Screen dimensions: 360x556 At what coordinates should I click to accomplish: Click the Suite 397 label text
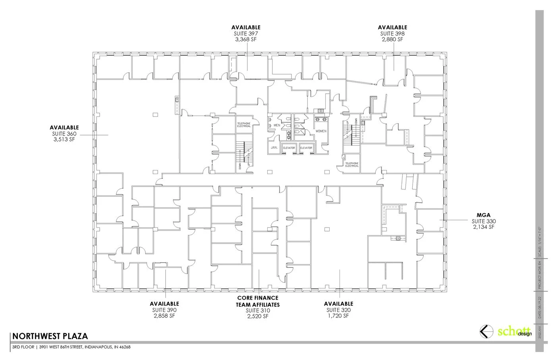click(246, 33)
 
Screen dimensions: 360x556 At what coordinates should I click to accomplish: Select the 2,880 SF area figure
click(392, 39)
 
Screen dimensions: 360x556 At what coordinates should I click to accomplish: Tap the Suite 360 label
click(64, 134)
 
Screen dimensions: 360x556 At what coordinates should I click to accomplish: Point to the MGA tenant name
click(484, 215)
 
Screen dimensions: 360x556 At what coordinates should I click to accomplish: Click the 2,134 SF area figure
click(484, 227)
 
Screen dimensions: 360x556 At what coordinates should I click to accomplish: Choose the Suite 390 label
click(164, 310)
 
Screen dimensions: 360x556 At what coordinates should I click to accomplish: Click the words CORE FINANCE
click(258, 298)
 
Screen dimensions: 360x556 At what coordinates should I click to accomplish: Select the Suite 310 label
click(258, 310)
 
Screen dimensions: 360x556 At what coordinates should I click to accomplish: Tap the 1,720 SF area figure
click(338, 316)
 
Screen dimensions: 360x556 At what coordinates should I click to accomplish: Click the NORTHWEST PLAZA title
click(50, 336)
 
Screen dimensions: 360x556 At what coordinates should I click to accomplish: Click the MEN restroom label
click(277, 126)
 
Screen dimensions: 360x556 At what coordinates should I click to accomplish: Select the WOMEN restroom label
click(321, 131)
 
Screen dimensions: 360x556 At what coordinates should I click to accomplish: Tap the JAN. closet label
click(274, 147)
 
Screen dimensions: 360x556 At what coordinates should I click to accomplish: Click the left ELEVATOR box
click(289, 148)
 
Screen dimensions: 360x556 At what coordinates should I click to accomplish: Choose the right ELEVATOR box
click(306, 148)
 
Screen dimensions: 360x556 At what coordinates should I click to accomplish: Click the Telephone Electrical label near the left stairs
click(244, 125)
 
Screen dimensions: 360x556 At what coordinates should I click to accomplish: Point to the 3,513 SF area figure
click(64, 139)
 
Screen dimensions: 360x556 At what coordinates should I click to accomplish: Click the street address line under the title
click(71, 347)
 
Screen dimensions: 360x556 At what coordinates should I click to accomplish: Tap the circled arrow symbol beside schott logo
click(485, 331)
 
